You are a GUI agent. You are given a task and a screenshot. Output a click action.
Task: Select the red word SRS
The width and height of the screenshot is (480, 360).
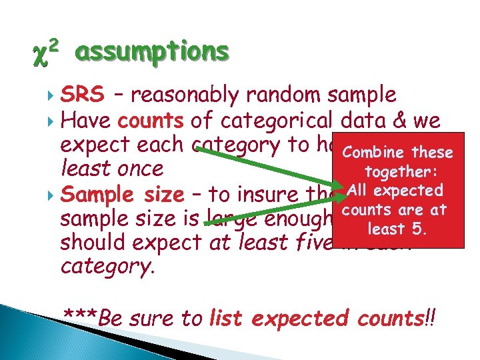(x=82, y=96)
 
